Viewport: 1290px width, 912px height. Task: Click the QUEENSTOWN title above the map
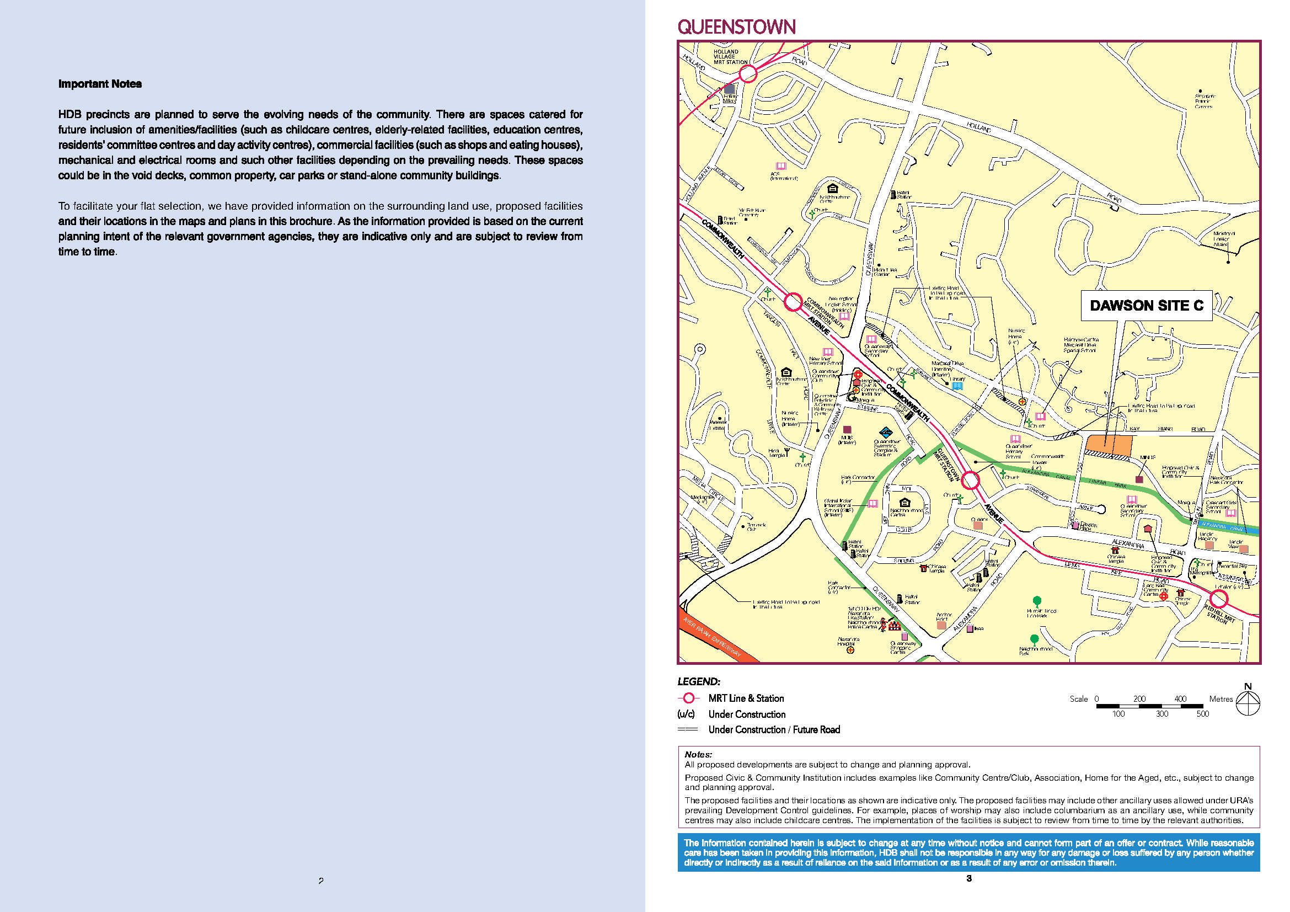[x=736, y=26]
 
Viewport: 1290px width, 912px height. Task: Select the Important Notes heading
[x=100, y=84]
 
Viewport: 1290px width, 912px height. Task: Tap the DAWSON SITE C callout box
[x=1146, y=305]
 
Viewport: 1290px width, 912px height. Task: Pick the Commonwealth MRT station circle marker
[x=793, y=302]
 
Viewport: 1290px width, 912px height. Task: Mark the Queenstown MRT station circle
[x=971, y=481]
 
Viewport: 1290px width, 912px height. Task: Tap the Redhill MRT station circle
[x=1218, y=599]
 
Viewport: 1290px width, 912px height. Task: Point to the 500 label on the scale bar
[x=1202, y=714]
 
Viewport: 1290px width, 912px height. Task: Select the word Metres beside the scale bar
[x=1221, y=699]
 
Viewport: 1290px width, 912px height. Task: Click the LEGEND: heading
[x=698, y=681]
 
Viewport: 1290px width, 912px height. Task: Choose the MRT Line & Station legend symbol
[x=688, y=698]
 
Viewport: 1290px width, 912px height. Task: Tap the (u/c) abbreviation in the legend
[x=686, y=714]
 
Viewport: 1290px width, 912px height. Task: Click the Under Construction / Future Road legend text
[x=774, y=729]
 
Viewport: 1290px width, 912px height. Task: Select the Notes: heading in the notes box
[x=698, y=755]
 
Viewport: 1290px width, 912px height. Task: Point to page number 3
[x=968, y=878]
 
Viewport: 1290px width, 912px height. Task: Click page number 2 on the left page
[x=321, y=881]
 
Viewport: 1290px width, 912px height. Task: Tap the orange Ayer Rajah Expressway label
[x=712, y=638]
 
